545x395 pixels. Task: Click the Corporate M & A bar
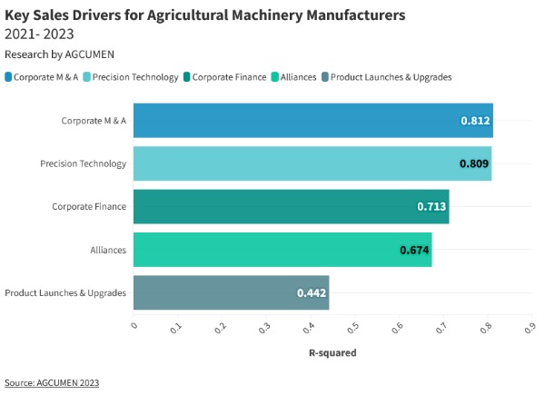312,121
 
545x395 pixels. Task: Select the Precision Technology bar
312,163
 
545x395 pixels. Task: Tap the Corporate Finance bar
291,206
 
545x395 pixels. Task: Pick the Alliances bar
282,249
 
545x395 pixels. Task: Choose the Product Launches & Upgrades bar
231,292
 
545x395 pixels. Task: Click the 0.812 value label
475,121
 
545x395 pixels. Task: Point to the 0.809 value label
474,163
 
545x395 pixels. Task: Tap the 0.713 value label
431,206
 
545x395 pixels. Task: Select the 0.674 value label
414,249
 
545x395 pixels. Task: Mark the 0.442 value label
312,292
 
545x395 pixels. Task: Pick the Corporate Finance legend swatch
186,77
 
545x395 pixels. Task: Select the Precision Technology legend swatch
86,77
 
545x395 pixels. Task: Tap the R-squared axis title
332,352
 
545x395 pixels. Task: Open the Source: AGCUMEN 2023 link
52,382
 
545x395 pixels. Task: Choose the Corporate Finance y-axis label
89,206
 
